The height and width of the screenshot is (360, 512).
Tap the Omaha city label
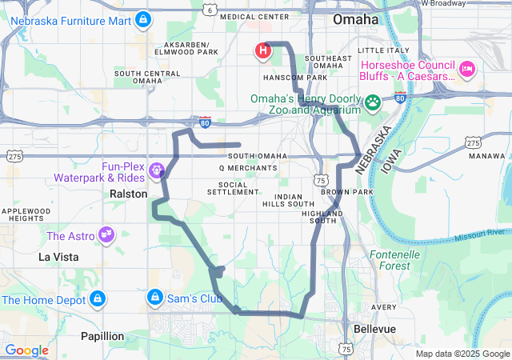tap(355, 18)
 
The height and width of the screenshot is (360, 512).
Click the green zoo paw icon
tap(373, 102)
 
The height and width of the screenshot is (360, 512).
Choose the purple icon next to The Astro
tap(105, 235)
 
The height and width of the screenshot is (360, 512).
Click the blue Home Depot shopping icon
tap(98, 299)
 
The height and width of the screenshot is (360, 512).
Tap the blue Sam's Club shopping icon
tap(154, 298)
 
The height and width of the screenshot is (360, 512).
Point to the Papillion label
tap(102, 336)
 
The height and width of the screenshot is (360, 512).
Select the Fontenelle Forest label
tap(395, 259)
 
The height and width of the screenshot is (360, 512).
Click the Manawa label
tap(487, 155)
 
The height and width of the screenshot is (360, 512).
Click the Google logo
tap(26, 350)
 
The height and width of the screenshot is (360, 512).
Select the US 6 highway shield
tap(209, 10)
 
